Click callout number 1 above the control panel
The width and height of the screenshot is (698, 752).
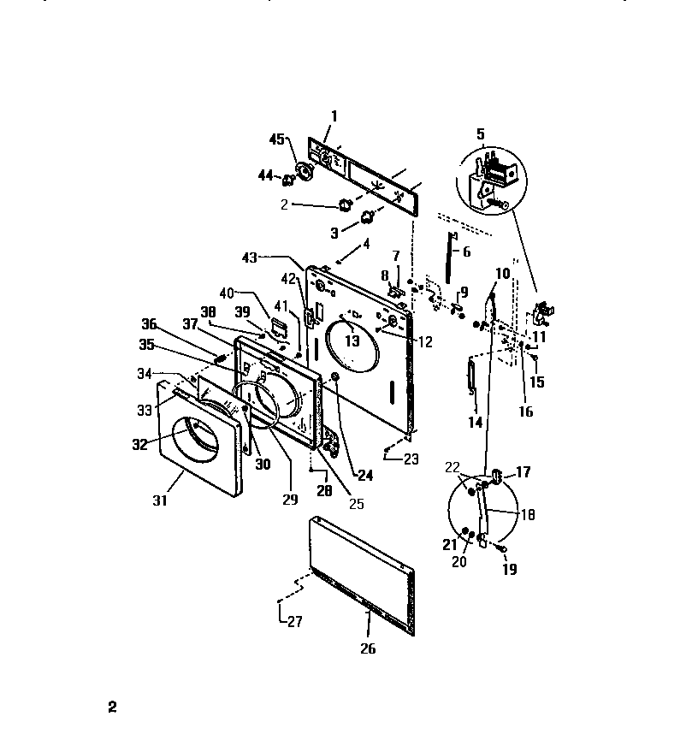point(334,115)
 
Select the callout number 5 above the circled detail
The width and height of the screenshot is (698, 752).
point(480,133)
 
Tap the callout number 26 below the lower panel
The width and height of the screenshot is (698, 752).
point(367,648)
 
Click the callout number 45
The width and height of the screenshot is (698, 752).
point(276,139)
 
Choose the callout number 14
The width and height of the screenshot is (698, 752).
point(476,422)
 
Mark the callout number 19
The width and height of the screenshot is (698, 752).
point(511,569)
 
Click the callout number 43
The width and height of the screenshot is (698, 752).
point(249,258)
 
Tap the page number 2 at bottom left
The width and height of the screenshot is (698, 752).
point(111,708)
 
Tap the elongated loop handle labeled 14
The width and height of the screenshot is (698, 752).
point(470,377)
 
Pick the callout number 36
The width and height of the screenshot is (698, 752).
point(150,323)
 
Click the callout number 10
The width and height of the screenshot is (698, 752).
point(502,273)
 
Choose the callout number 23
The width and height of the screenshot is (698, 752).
point(411,459)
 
